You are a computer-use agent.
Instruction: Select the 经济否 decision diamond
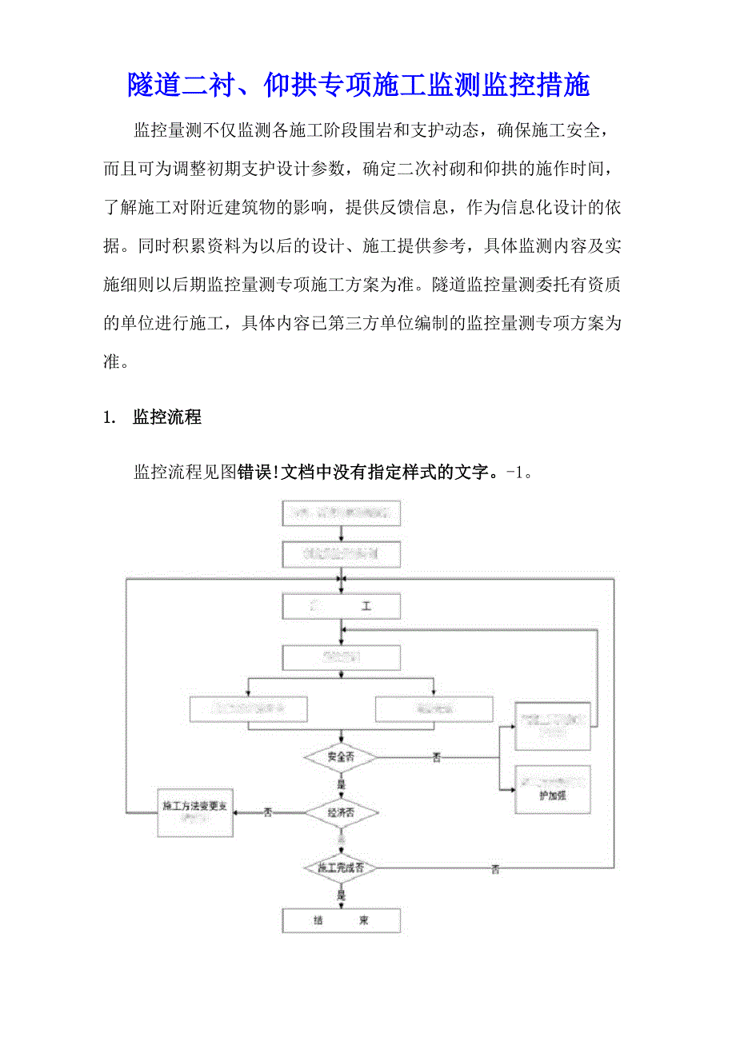342,812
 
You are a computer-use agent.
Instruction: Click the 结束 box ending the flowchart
342,920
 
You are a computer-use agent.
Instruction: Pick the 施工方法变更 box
195,812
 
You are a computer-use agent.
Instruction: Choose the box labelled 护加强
552,790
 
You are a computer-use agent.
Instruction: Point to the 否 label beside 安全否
437,757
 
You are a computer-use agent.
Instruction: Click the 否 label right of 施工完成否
495,869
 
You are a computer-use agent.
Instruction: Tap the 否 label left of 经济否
268,812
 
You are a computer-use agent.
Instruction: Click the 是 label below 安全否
342,784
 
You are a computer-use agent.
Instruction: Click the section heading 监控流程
166,417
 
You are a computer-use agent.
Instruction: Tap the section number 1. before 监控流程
110,417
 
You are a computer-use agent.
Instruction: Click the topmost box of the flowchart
342,513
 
